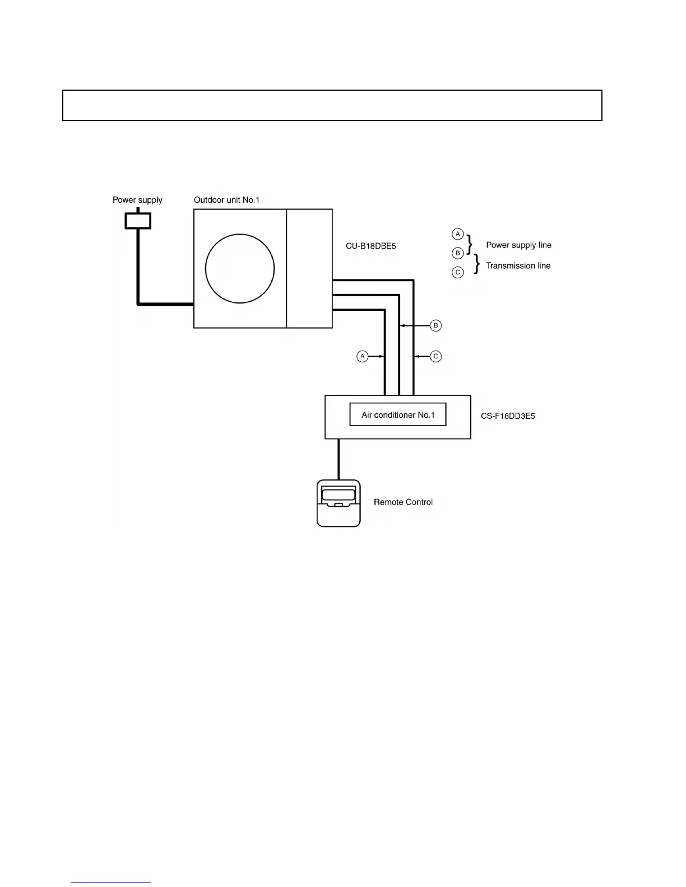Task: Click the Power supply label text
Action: click(x=137, y=200)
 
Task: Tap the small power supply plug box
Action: click(x=138, y=221)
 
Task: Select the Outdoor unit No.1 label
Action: click(x=226, y=200)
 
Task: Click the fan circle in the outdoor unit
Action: click(x=240, y=269)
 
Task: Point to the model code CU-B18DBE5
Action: click(x=371, y=246)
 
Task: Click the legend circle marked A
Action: click(x=458, y=234)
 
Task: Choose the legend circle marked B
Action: click(x=458, y=253)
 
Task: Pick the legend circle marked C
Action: click(x=458, y=273)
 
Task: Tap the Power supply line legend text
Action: click(x=518, y=245)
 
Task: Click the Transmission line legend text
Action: click(x=518, y=266)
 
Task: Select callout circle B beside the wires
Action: click(x=435, y=325)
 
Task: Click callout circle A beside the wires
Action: click(x=363, y=356)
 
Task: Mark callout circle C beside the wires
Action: click(x=435, y=356)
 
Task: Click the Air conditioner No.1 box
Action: click(x=398, y=415)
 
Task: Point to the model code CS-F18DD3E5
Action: click(x=508, y=417)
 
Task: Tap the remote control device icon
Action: click(x=339, y=503)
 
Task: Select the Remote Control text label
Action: click(x=403, y=502)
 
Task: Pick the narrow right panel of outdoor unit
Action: click(x=309, y=269)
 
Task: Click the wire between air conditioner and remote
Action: click(x=339, y=459)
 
